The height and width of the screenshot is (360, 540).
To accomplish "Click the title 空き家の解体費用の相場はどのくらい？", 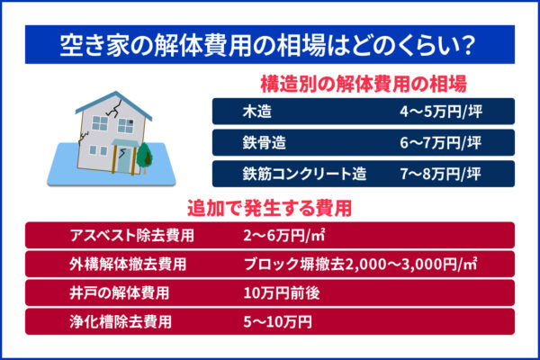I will tap(270, 42).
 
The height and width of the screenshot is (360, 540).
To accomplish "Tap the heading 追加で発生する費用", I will tap(270, 208).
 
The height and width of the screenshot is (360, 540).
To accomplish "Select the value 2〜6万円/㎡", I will tap(283, 236).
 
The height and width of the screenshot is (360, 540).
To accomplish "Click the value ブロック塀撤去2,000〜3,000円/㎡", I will tap(360, 265).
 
